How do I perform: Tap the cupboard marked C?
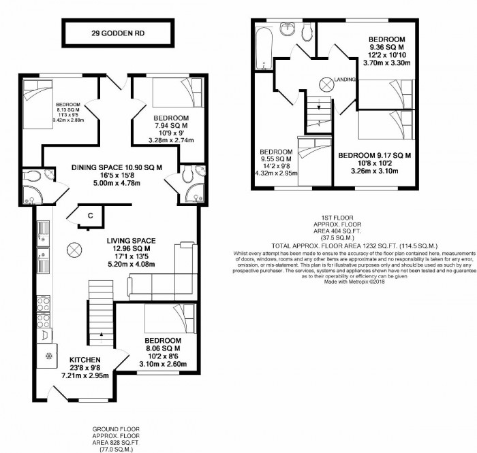tap(89, 216)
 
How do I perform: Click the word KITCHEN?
tap(84, 359)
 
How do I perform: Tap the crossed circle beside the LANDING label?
tap(326, 84)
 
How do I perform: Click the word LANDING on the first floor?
tap(345, 80)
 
